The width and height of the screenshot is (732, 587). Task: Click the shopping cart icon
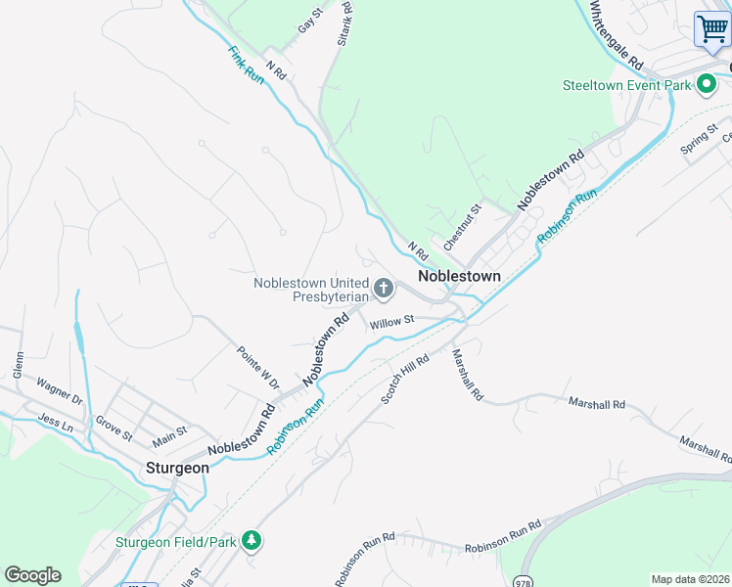tap(711, 28)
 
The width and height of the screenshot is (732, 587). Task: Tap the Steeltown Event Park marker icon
tap(705, 85)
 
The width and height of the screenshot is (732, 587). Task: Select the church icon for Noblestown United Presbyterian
tap(384, 289)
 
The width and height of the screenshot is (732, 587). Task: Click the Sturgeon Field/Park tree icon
tap(252, 541)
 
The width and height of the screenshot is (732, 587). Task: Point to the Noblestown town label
tap(459, 276)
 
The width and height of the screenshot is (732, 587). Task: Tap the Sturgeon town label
tap(177, 468)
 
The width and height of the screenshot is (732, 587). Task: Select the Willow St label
tap(392, 320)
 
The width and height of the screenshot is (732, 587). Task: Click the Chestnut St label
tap(463, 226)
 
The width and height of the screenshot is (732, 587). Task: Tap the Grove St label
tap(114, 429)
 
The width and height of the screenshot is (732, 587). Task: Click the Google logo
tap(32, 575)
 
